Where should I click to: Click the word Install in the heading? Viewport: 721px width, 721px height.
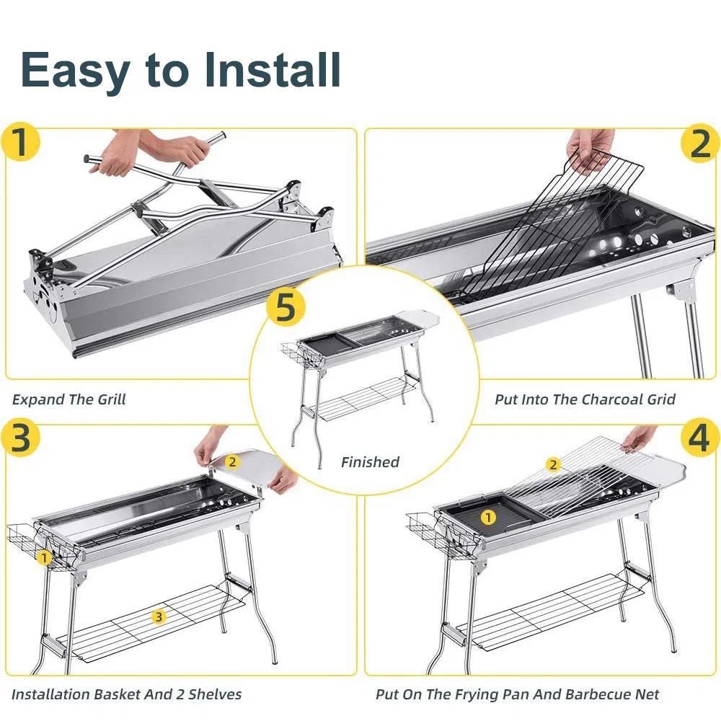click(x=273, y=69)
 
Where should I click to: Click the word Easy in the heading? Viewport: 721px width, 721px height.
click(x=75, y=71)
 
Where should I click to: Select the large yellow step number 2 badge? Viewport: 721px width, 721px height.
click(x=699, y=143)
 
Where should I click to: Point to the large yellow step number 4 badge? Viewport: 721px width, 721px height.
click(x=699, y=438)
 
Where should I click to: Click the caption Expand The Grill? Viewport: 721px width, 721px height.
click(x=69, y=399)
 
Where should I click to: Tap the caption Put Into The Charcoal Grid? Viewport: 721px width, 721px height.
click(x=585, y=399)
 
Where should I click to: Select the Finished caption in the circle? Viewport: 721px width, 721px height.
click(x=370, y=462)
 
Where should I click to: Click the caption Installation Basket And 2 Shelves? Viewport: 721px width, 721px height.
click(x=126, y=695)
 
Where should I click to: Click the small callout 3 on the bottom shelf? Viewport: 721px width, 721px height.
click(x=159, y=616)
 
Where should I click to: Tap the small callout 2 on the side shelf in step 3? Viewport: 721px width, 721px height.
click(x=232, y=461)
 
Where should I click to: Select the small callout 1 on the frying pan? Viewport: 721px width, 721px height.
click(x=488, y=517)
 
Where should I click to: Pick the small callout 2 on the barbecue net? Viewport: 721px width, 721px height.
click(x=553, y=465)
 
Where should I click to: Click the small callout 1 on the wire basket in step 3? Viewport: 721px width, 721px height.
click(x=44, y=557)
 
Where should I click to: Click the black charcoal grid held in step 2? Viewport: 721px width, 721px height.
click(x=548, y=231)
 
